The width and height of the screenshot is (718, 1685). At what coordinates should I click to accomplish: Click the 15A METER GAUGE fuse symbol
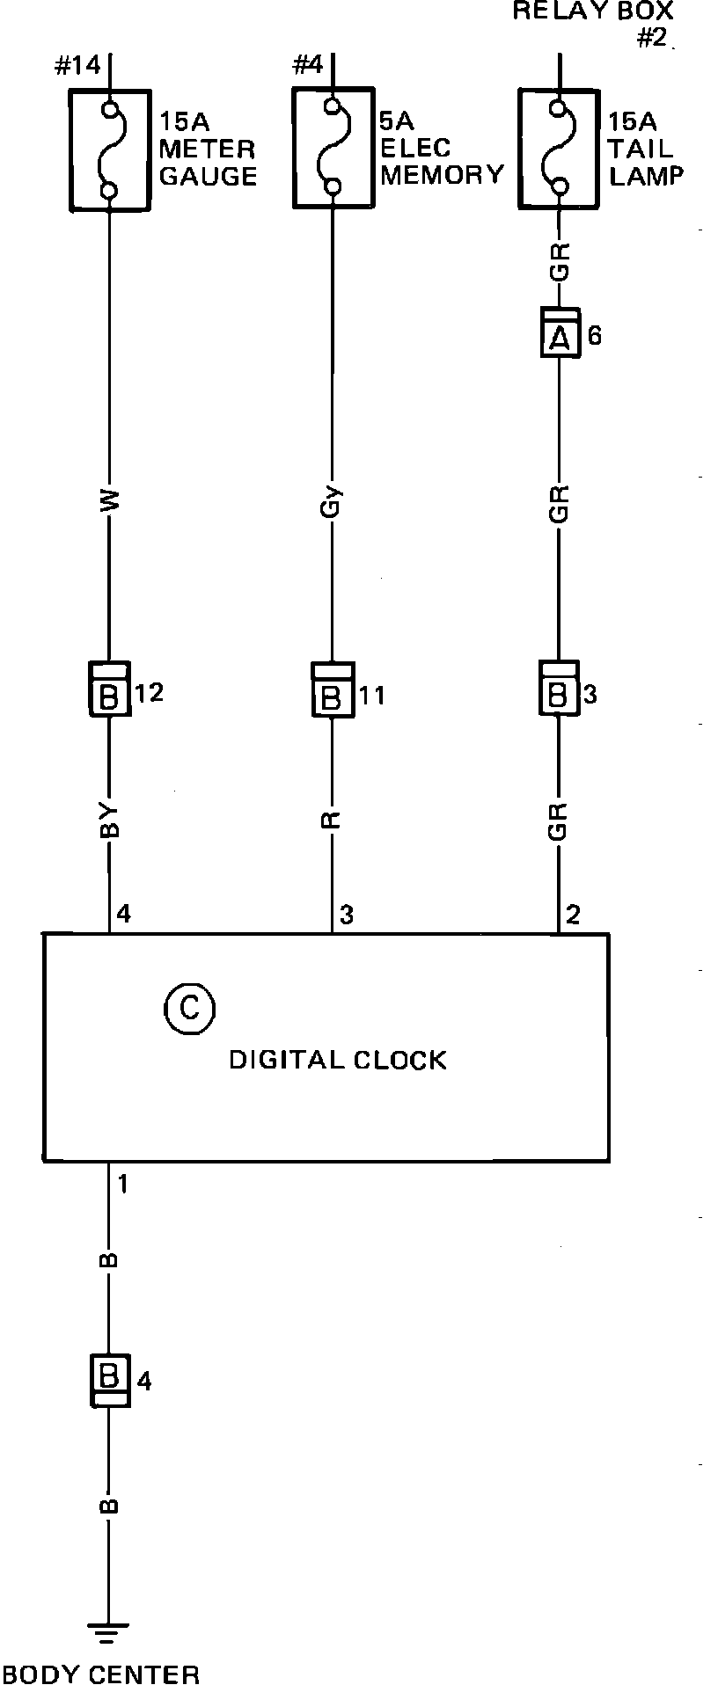coord(109,150)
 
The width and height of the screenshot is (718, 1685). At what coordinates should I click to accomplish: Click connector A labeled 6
coord(560,332)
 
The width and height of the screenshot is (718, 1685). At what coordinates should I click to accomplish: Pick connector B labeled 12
coord(109,689)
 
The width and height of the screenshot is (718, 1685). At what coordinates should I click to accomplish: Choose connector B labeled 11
coord(332,689)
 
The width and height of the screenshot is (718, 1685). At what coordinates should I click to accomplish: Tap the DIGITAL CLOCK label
coord(338,1060)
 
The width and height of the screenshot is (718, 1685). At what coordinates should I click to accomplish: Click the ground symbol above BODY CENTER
coord(109,1634)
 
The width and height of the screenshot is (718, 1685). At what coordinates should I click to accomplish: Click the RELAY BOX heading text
coord(593,11)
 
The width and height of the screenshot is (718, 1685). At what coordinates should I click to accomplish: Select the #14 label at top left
coord(77,66)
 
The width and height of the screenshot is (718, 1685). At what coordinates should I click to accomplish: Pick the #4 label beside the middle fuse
coord(307,65)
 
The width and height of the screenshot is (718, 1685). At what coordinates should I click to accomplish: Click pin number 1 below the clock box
coord(123,1185)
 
